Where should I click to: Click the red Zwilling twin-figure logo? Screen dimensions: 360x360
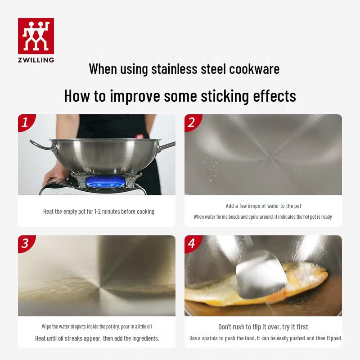pos(36,36)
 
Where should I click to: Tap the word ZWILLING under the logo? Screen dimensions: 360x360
pos(36,59)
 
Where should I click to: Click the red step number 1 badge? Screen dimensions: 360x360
pos(26,122)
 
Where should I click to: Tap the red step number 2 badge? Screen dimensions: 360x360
pos(192,122)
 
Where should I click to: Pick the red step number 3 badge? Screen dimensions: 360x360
pos(25,243)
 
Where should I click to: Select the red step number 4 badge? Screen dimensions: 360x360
pos(192,243)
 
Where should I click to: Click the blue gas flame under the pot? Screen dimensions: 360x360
pos(101,183)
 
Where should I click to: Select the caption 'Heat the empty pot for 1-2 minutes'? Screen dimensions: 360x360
pos(99,211)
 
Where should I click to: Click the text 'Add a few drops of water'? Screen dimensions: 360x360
pos(263,206)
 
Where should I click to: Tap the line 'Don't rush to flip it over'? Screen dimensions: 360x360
pos(263,327)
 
